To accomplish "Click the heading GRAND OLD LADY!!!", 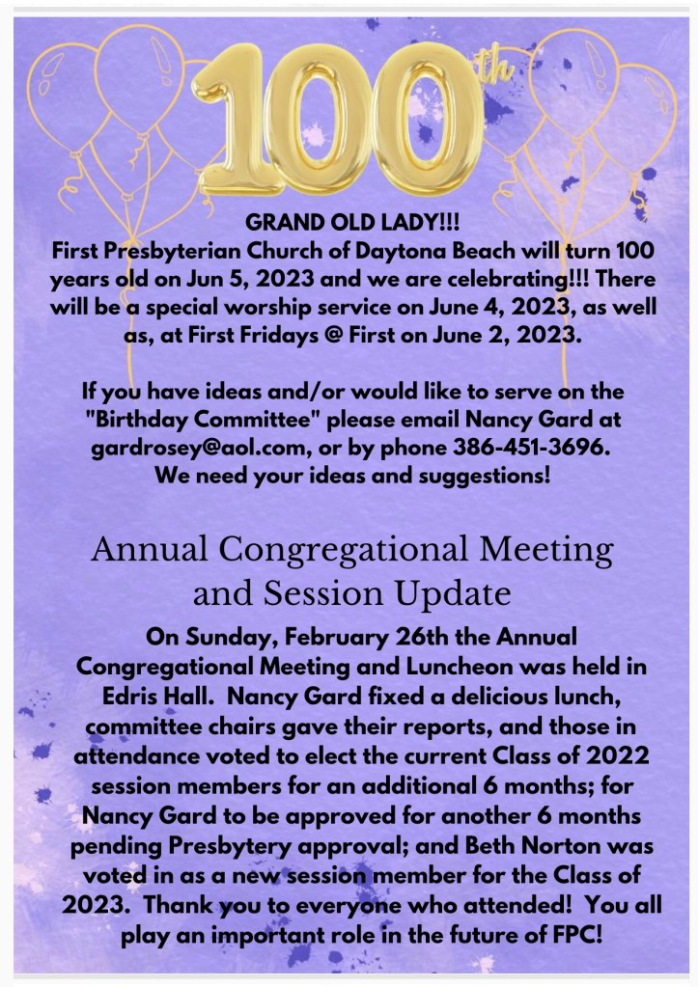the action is (x=352, y=222).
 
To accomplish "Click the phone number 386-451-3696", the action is (x=531, y=447).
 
